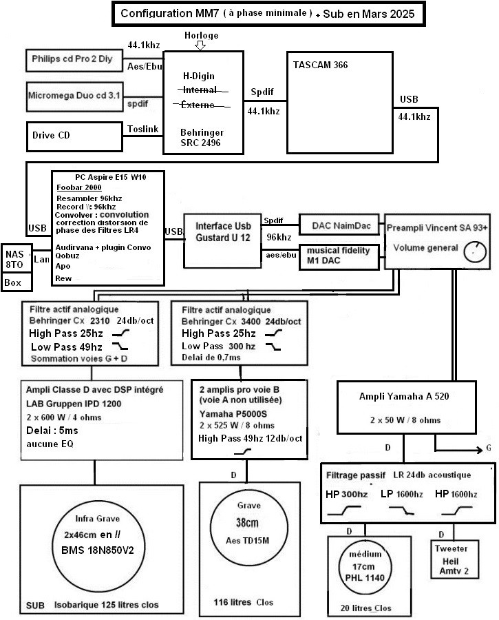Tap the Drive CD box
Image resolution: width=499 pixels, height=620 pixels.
click(x=76, y=134)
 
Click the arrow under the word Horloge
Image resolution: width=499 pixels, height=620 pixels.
click(x=200, y=45)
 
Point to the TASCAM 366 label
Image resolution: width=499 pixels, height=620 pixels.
click(x=317, y=65)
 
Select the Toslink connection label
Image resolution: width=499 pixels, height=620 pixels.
click(x=143, y=128)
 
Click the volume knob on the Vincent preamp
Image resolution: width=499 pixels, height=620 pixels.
click(x=474, y=254)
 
